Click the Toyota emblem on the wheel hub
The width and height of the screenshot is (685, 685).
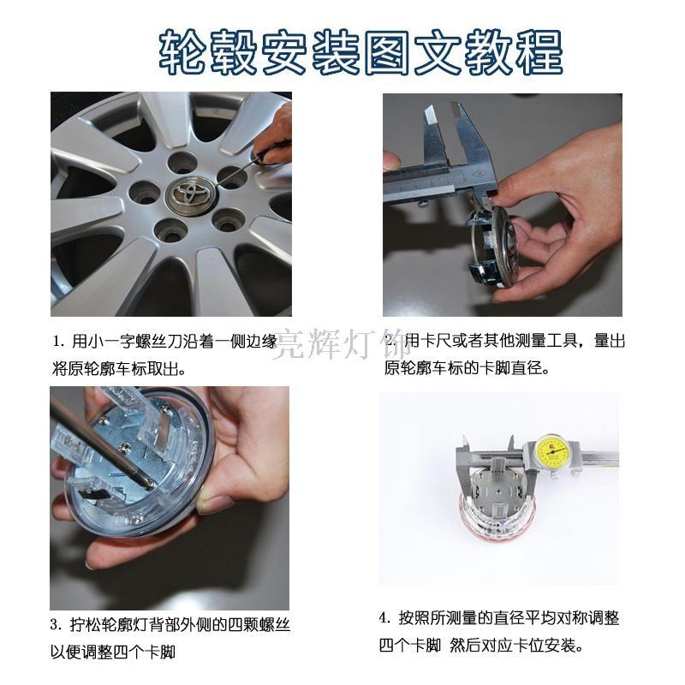(x=190, y=194)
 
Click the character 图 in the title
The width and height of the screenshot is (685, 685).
(x=387, y=52)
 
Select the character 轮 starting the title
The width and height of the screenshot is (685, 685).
(x=182, y=52)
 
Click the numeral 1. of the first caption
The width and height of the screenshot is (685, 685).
(x=59, y=341)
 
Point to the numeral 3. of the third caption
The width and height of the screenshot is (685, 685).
(x=57, y=625)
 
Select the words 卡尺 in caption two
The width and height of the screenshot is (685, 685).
(x=436, y=340)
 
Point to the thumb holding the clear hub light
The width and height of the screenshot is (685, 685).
(x=215, y=501)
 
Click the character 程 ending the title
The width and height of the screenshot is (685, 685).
(x=539, y=52)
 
